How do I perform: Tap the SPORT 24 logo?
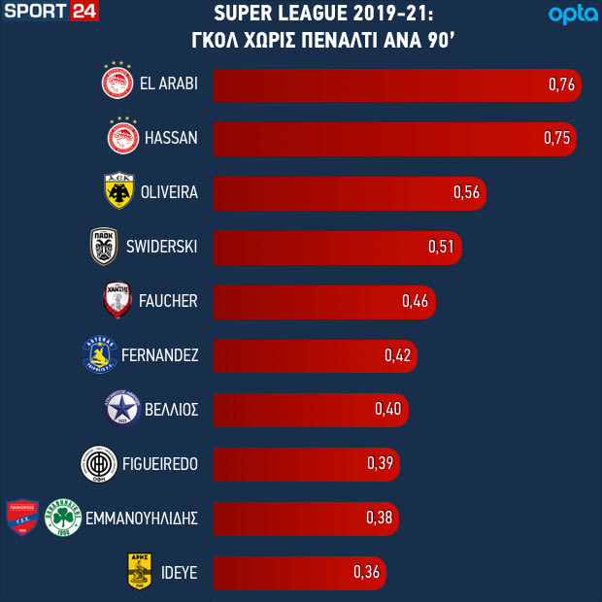point(50,14)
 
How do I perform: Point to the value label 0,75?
point(557,138)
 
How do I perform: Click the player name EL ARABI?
point(169,84)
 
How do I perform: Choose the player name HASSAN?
point(171,138)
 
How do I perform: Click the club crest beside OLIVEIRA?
point(118,191)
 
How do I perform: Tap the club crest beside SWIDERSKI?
point(104,246)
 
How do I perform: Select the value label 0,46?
point(415,301)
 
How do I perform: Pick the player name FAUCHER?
point(168,301)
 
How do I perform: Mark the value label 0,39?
point(380,463)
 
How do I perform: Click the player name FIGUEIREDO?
point(159,464)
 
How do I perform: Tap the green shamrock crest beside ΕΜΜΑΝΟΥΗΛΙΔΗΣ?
point(62,517)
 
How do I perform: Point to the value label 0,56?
point(467,192)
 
